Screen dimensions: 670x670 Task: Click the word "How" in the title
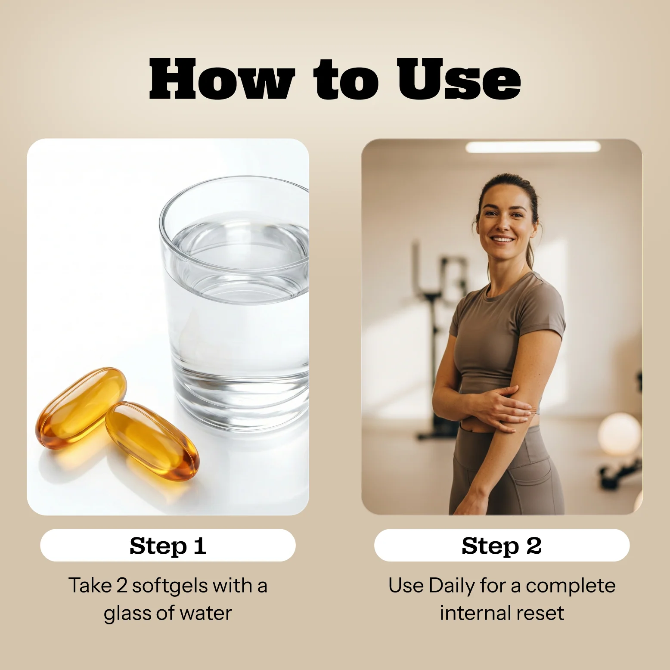(x=222, y=79)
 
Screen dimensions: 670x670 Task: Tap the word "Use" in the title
(x=459, y=79)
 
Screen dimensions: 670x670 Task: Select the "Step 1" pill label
(x=168, y=546)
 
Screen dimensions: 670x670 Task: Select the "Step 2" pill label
(x=502, y=546)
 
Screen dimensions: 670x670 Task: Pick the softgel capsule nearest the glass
(x=152, y=441)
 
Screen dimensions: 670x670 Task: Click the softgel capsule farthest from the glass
(x=81, y=408)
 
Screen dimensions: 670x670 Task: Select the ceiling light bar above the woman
(x=533, y=147)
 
